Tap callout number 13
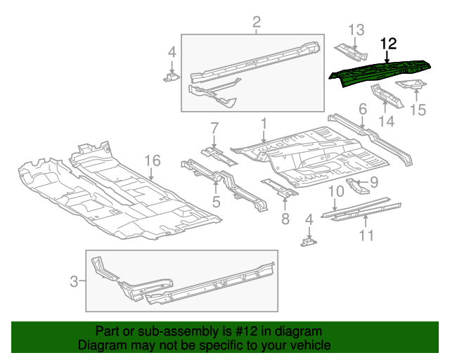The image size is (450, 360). click(356, 30)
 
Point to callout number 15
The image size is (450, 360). click(418, 110)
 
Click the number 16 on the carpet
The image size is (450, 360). click(153, 162)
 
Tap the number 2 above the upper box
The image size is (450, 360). click(257, 22)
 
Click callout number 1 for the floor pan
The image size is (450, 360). click(264, 124)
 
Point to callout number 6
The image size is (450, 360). click(363, 109)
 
